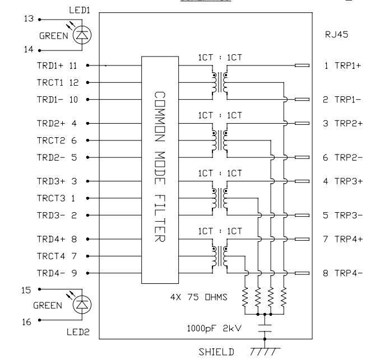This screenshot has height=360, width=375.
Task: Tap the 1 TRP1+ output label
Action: pyautogui.click(x=342, y=66)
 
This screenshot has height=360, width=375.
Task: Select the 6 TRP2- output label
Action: pyautogui.click(x=342, y=157)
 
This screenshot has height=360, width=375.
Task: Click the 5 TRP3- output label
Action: pyautogui.click(x=342, y=215)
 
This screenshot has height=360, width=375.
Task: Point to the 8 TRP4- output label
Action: pyautogui.click(x=342, y=273)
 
